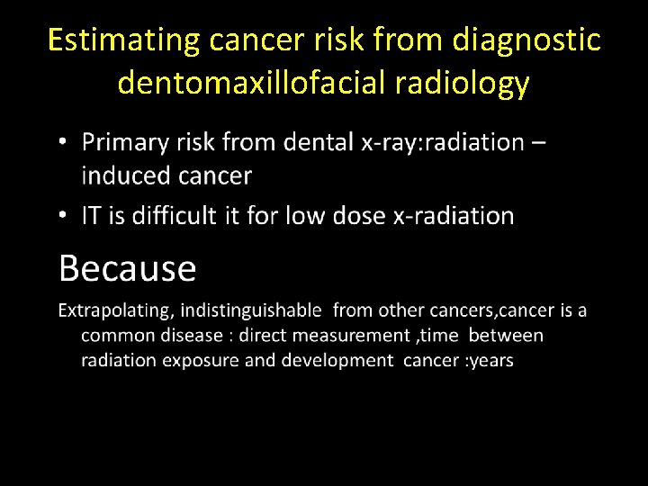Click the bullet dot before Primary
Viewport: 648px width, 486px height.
(61, 143)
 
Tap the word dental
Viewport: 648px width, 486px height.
(321, 142)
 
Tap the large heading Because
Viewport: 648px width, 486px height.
(127, 268)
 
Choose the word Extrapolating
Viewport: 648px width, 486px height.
(115, 311)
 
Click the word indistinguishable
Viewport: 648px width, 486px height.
(251, 310)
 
